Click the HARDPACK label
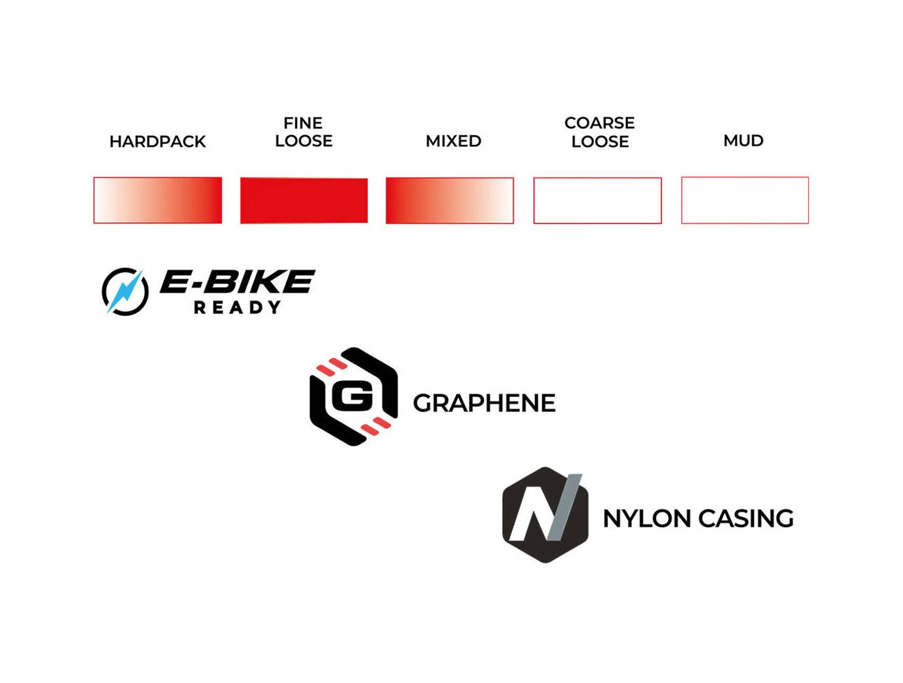tap(158, 141)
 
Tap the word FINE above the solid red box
tap(303, 123)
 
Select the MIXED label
tap(453, 141)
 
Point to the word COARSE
tap(599, 123)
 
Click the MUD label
tap(743, 141)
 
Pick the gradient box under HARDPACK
tap(158, 200)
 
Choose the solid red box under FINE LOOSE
tap(304, 200)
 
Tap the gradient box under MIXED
tap(450, 200)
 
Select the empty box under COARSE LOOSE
tap(597, 200)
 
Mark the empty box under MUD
tap(745, 200)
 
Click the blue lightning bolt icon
tap(126, 292)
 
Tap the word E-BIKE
tap(237, 281)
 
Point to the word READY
tap(237, 308)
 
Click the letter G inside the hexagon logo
tap(352, 396)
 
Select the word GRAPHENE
tap(484, 403)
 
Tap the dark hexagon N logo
tap(545, 515)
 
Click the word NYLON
tap(647, 518)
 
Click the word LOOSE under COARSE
tap(600, 141)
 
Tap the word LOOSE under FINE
tap(304, 141)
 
